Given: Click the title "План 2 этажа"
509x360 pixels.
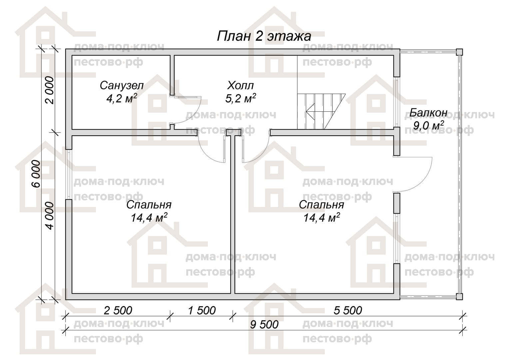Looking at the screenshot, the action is tap(264, 36).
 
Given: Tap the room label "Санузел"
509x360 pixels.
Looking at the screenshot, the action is tap(122, 86).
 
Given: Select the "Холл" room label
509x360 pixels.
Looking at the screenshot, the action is tap(241, 86).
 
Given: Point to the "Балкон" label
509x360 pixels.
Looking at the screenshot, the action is tap(428, 113).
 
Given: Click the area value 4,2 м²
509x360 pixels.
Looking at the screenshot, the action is tap(122, 98).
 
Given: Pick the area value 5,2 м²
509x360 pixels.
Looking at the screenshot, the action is tap(241, 98).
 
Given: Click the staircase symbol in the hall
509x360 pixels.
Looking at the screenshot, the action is tap(321, 111).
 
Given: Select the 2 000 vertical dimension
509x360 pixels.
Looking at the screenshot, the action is tap(50, 90).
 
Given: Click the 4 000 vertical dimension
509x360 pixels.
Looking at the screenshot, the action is tap(50, 216).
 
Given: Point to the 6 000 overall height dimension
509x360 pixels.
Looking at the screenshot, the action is tap(36, 174).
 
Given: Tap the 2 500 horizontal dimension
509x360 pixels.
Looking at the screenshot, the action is tap(118, 311).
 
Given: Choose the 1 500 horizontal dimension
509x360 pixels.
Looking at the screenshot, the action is tap(202, 311).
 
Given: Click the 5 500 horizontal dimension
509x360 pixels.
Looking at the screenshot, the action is tap(348, 311).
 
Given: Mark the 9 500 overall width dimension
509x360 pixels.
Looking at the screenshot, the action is tap(264, 325).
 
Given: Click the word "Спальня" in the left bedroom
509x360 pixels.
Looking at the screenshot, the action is tap(149, 205).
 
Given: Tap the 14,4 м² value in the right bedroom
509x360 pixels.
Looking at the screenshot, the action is tap(321, 218).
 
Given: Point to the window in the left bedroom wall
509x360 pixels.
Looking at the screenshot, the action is tap(69, 174).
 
